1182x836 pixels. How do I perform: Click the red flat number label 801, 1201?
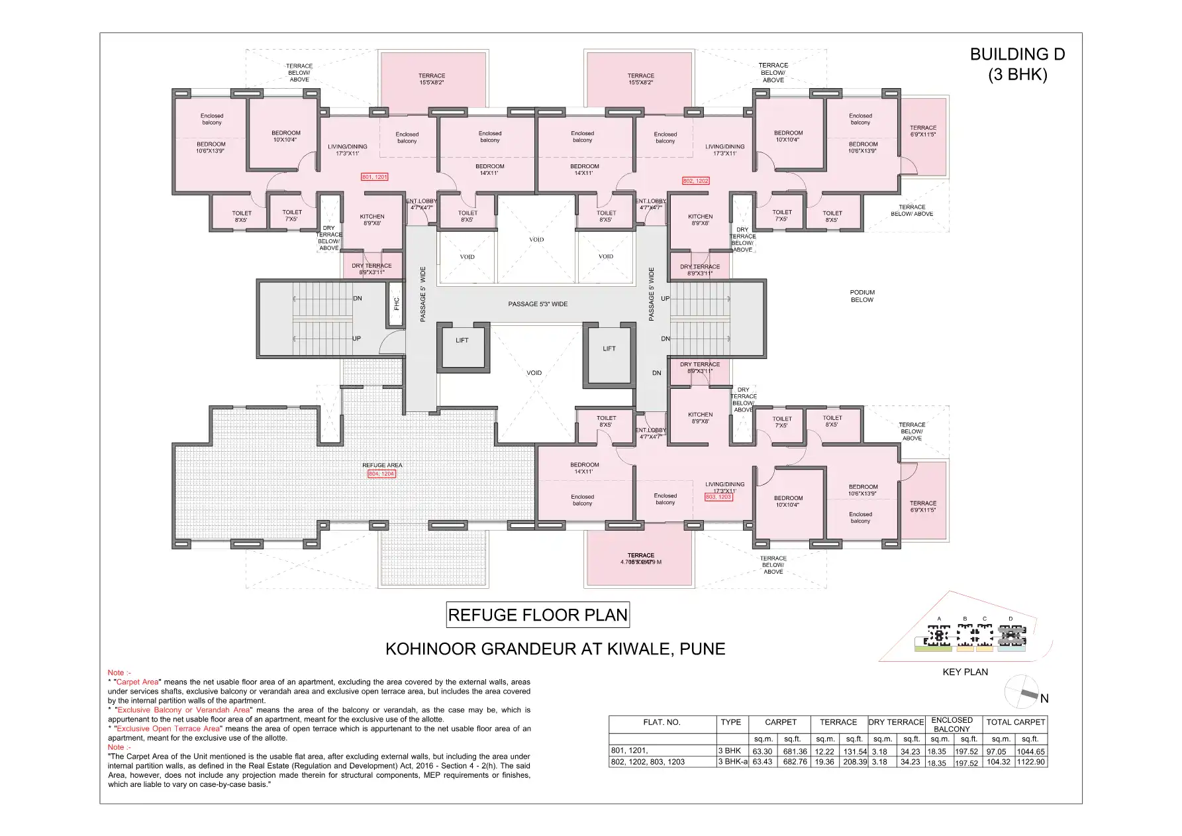pyautogui.click(x=374, y=177)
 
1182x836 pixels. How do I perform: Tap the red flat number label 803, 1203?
pyautogui.click(x=718, y=496)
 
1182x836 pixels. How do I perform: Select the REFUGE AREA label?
pyautogui.click(x=382, y=465)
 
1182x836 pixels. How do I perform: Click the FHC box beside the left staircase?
pyautogui.click(x=396, y=303)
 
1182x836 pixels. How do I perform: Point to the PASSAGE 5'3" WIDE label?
pyautogui.click(x=538, y=304)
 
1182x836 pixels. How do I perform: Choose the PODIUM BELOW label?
pyautogui.click(x=862, y=296)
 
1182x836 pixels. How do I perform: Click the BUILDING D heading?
pyautogui.click(x=1017, y=54)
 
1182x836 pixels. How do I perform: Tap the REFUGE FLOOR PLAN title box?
pyautogui.click(x=538, y=615)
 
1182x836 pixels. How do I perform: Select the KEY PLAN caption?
pyautogui.click(x=965, y=672)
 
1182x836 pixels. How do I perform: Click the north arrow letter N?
pyautogui.click(x=1044, y=698)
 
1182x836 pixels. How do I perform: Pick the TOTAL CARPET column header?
pyautogui.click(x=1015, y=722)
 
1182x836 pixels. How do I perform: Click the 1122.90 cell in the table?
pyautogui.click(x=1030, y=762)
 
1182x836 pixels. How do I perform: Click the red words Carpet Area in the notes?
pyautogui.click(x=138, y=682)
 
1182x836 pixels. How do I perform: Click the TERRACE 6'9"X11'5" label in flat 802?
pyautogui.click(x=923, y=131)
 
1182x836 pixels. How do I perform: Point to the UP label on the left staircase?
pyautogui.click(x=356, y=339)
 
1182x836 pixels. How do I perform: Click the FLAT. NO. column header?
pyautogui.click(x=662, y=722)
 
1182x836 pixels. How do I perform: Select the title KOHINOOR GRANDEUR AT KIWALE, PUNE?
pyautogui.click(x=555, y=649)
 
